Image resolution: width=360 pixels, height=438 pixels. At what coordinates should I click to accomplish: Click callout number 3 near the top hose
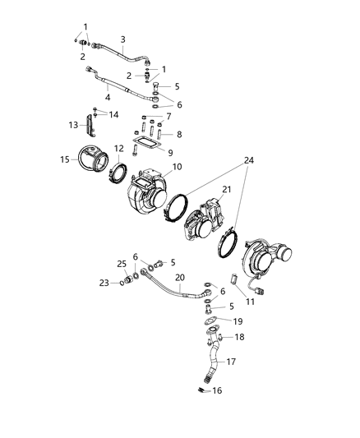[x=123, y=39]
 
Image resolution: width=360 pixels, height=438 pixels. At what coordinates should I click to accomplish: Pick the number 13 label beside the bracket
[x=72, y=125]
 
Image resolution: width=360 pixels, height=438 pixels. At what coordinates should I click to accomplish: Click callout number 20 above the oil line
[x=180, y=277]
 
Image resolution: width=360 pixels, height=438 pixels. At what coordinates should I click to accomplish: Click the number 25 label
[x=122, y=264]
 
